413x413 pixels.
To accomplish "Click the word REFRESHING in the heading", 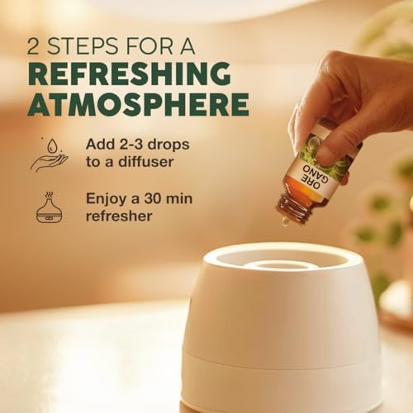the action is (x=129, y=74).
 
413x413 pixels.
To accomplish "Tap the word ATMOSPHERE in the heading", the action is (x=139, y=105).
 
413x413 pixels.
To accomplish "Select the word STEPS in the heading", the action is (x=83, y=46).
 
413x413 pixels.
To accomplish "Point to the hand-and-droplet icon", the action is (x=49, y=154).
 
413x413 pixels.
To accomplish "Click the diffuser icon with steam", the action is (x=50, y=207).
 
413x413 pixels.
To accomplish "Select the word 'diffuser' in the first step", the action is (x=145, y=161).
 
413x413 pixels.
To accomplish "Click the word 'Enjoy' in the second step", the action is (x=107, y=199).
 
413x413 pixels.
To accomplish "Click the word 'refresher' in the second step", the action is (x=119, y=216).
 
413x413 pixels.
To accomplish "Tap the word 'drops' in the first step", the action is (x=173, y=145).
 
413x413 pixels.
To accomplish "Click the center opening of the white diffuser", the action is (x=278, y=266).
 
